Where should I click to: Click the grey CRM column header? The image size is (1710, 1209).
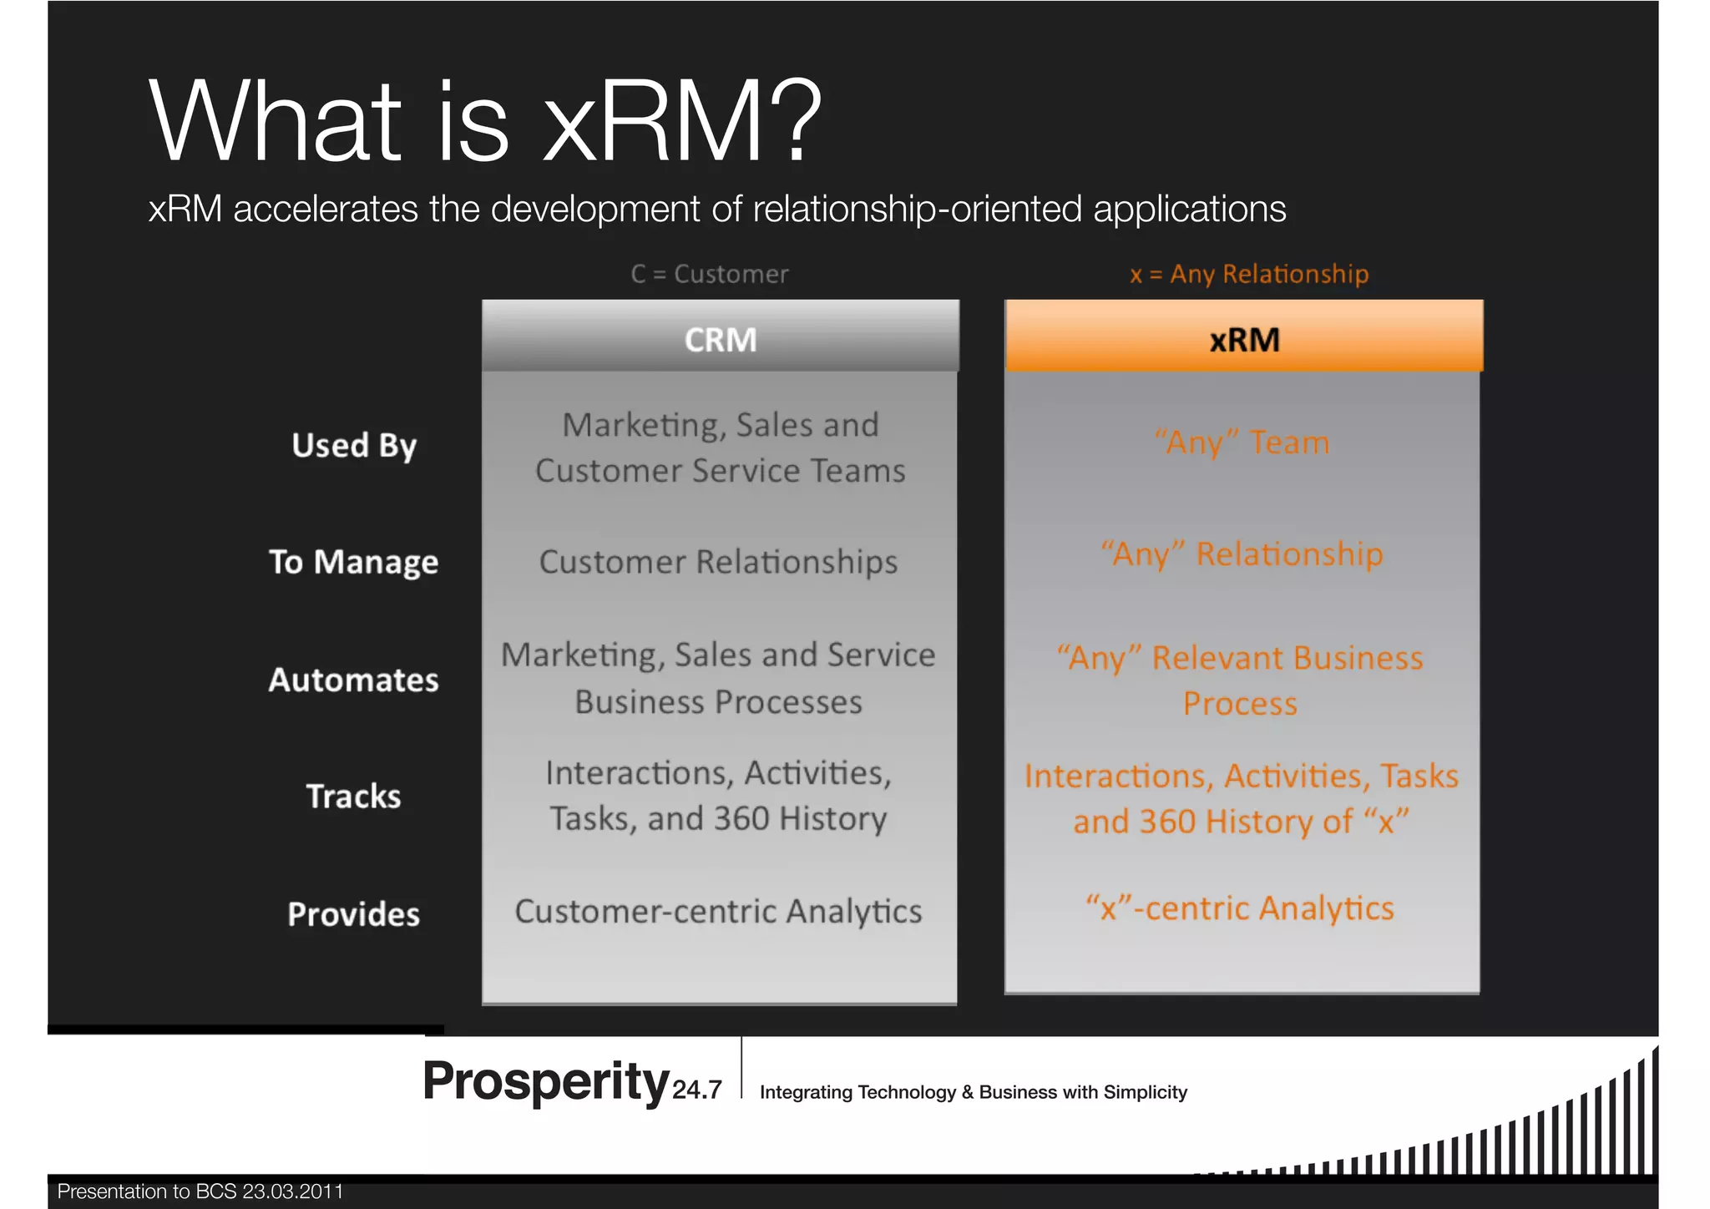tap(720, 339)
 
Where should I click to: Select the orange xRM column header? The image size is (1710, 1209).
tap(1244, 339)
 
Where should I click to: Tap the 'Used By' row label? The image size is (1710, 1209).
tap(354, 445)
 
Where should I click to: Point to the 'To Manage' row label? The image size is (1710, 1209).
tap(353, 562)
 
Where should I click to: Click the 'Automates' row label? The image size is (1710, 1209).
tap(353, 680)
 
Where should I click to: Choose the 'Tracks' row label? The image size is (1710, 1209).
tap(353, 797)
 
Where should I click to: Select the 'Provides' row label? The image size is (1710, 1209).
tap(353, 914)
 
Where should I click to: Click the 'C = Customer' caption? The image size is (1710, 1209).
tap(710, 274)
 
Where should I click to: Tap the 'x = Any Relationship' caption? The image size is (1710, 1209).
tap(1249, 274)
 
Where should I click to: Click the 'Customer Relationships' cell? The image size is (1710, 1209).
tap(718, 562)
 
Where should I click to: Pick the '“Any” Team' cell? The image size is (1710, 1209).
tap(1242, 443)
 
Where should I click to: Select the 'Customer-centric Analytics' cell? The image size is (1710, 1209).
tap(718, 911)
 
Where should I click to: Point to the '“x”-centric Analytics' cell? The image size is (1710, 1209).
tap(1240, 908)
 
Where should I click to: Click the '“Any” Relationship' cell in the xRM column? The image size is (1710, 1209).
tap(1242, 554)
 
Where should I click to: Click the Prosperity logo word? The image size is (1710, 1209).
tap(545, 1081)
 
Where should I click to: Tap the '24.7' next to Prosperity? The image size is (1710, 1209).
tap(697, 1090)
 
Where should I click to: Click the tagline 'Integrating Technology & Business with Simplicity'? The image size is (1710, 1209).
tap(974, 1092)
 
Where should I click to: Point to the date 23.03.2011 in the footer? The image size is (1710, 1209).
tap(292, 1191)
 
